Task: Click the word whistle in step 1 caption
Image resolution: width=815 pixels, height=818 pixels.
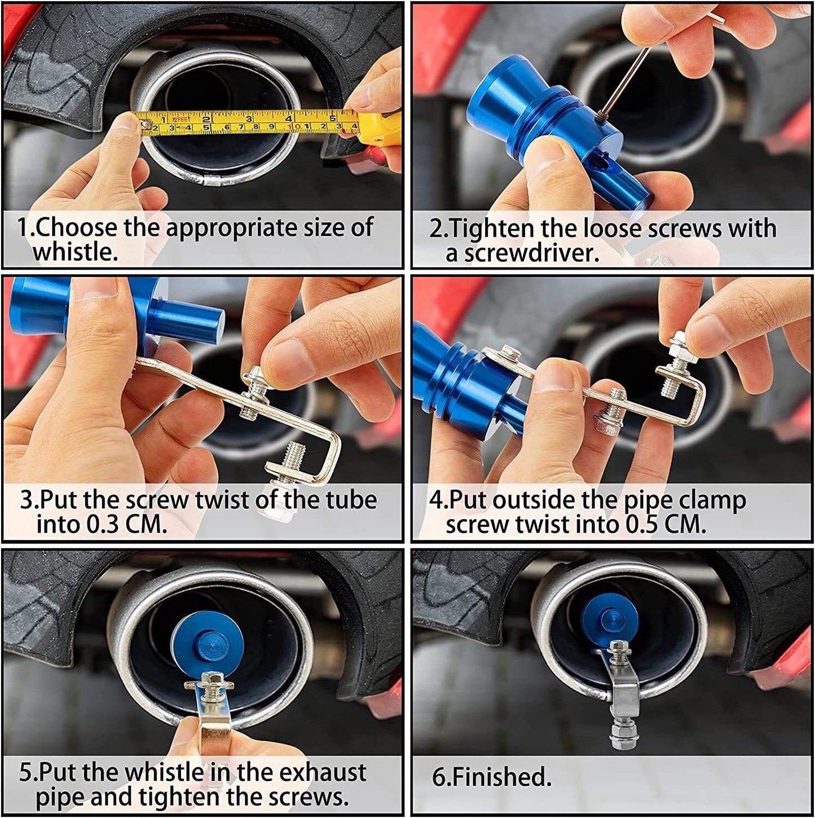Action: coord(74,252)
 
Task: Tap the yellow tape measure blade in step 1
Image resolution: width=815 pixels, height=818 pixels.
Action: coord(243,124)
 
